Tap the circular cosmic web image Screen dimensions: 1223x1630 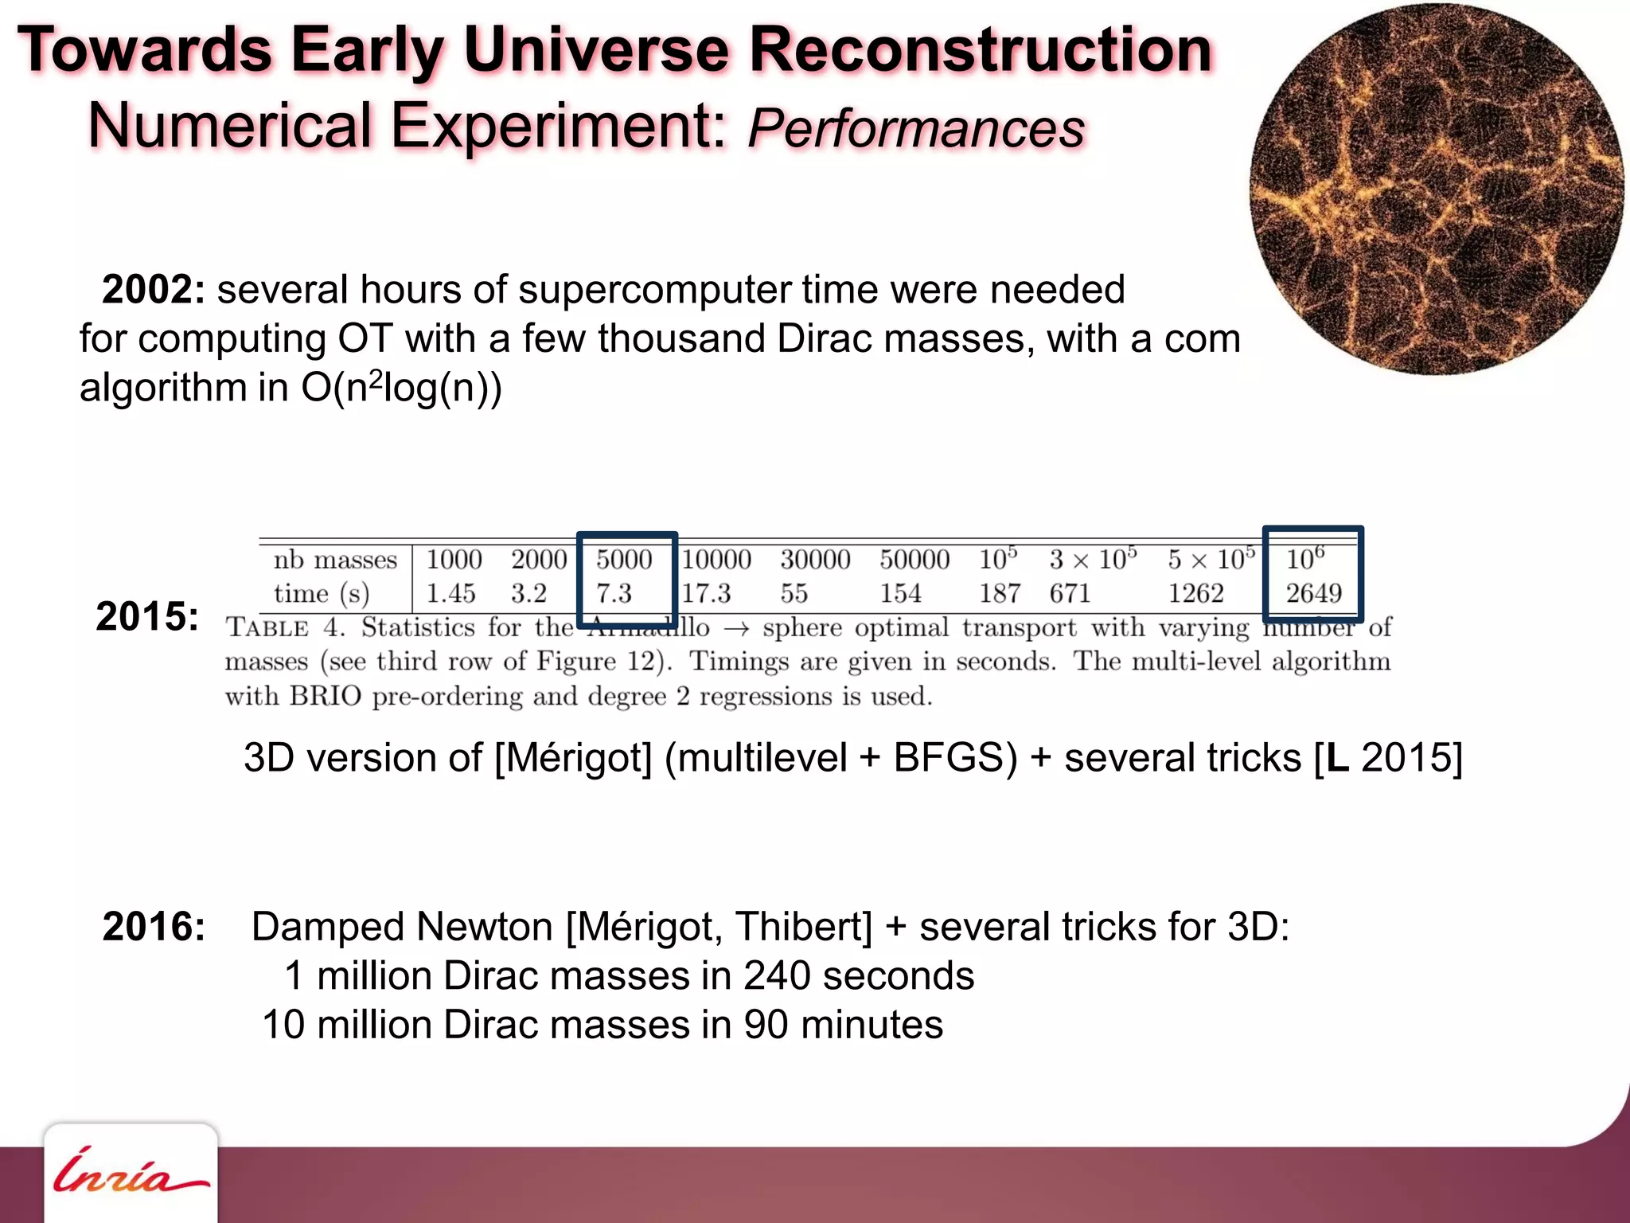1437,190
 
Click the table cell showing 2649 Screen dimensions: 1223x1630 1313,593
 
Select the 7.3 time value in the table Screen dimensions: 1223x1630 614,593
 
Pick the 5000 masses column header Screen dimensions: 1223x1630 624,560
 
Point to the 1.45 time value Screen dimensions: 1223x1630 450,593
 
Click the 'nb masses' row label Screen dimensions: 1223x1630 335,560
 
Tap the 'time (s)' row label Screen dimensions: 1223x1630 322,594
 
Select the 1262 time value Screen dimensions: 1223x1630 1195,593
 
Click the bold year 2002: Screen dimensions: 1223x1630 154,290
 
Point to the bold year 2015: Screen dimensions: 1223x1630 147,616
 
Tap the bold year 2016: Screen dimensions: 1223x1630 154,927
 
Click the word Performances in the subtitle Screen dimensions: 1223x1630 916,128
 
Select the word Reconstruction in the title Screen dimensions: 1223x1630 981,49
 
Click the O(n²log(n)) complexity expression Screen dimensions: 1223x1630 402,388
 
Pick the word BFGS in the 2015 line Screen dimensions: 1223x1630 954,757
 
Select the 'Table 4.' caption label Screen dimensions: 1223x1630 285,627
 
